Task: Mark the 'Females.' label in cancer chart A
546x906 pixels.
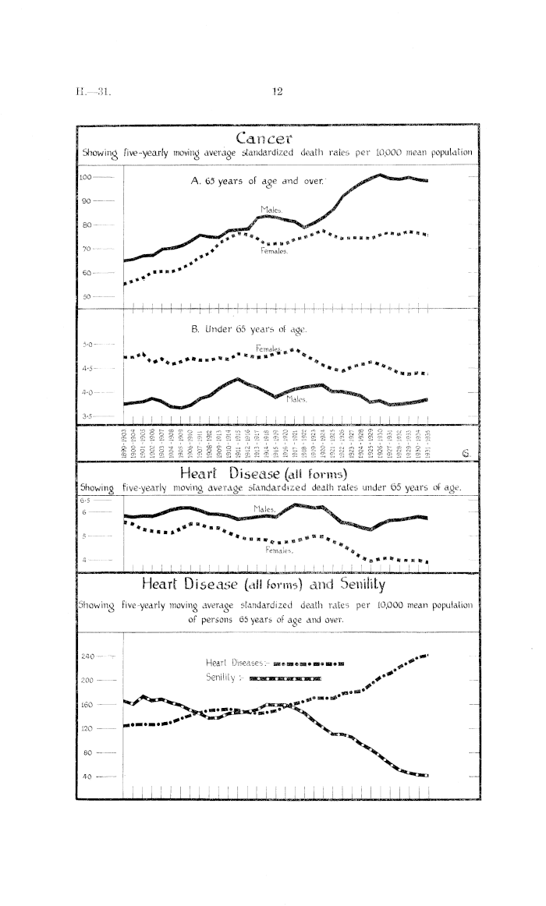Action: pyautogui.click(x=275, y=252)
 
